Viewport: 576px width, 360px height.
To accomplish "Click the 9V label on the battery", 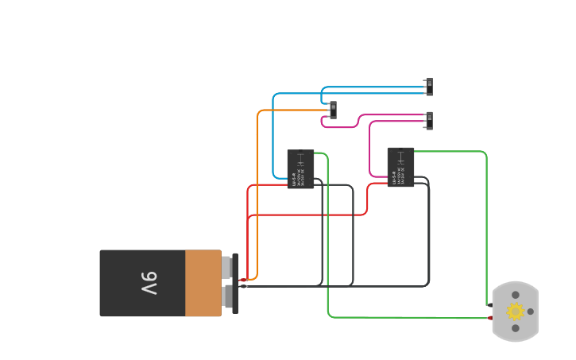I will [149, 283].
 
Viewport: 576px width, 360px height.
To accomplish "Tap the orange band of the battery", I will [203, 283].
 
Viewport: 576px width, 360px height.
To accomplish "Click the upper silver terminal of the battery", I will [226, 268].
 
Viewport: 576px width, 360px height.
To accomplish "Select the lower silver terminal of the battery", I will [227, 296].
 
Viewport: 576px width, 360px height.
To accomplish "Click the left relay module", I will [300, 168].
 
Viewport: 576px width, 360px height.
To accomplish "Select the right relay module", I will [400, 167].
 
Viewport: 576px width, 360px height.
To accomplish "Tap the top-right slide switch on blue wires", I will [429, 87].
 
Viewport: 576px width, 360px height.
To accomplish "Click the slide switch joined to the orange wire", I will [333, 110].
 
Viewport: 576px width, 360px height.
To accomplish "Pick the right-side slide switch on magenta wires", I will [429, 120].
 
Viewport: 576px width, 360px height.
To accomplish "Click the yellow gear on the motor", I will [516, 312].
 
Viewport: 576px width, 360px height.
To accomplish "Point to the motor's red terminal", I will [490, 318].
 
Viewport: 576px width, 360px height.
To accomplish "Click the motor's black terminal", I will [488, 305].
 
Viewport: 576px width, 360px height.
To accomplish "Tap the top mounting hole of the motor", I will [516, 295].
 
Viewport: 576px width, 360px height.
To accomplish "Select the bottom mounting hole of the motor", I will [516, 328].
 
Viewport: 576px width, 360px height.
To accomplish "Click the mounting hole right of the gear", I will [531, 312].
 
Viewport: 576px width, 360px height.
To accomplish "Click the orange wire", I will [257, 199].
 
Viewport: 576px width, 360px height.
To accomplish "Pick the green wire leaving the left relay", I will [327, 238].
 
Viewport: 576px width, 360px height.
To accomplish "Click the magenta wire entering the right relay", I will [369, 151].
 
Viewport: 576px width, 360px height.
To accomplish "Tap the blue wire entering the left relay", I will [273, 135].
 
